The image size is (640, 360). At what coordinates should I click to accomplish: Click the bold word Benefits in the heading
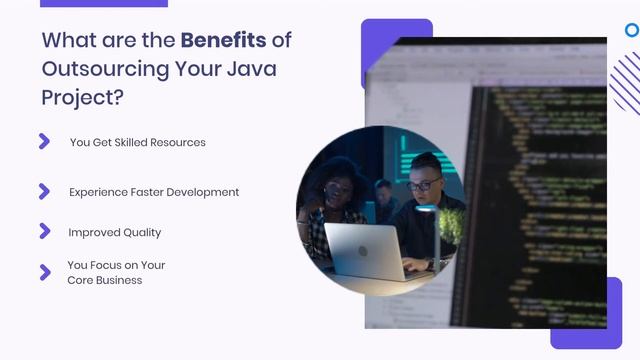coord(223,40)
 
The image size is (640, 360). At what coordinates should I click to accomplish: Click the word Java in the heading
coord(254,69)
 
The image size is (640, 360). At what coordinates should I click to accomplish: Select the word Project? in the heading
coord(84,99)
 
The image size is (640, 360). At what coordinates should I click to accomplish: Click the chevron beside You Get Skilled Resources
coord(44,141)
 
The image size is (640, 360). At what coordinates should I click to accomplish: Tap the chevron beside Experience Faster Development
coord(44,191)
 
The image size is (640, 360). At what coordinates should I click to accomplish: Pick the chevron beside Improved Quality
coord(44,231)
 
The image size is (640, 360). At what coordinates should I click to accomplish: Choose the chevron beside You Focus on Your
coord(44,272)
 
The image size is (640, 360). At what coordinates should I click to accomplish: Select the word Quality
coord(141,232)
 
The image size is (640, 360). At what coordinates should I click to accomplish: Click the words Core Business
coord(104,280)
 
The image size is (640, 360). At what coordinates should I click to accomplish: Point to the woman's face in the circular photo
coord(338,187)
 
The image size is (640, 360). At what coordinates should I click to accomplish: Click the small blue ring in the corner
coord(632,30)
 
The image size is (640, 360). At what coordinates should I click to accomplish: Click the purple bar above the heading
coord(104,3)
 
